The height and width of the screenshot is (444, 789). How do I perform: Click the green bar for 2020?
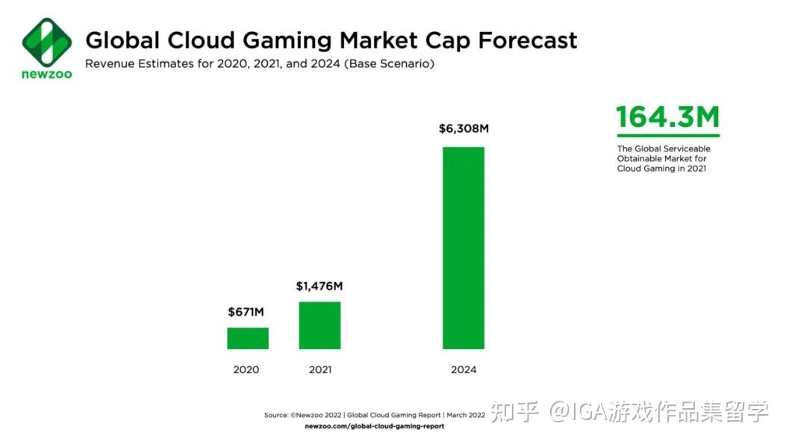pos(248,338)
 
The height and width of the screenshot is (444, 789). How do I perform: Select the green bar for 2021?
pos(319,325)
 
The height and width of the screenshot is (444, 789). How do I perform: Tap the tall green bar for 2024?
pos(464,248)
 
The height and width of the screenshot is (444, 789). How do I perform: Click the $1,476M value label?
pos(320,286)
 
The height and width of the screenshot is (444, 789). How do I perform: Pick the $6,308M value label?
pos(464,129)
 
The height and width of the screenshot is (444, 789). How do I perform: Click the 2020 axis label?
pos(246,369)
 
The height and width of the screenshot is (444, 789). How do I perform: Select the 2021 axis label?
pos(319,369)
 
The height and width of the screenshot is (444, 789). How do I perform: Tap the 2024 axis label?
pos(464,369)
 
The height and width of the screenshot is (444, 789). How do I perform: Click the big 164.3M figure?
pos(667,118)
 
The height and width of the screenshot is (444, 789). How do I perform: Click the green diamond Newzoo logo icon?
pos(46,43)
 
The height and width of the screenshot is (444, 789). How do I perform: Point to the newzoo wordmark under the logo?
pos(46,75)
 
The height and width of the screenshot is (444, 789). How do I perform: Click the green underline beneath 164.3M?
pos(668,136)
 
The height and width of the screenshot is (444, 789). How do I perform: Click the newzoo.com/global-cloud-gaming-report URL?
pos(375,426)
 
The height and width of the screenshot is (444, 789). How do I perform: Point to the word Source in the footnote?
pos(275,415)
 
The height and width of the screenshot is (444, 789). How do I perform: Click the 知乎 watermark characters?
pos(515,411)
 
